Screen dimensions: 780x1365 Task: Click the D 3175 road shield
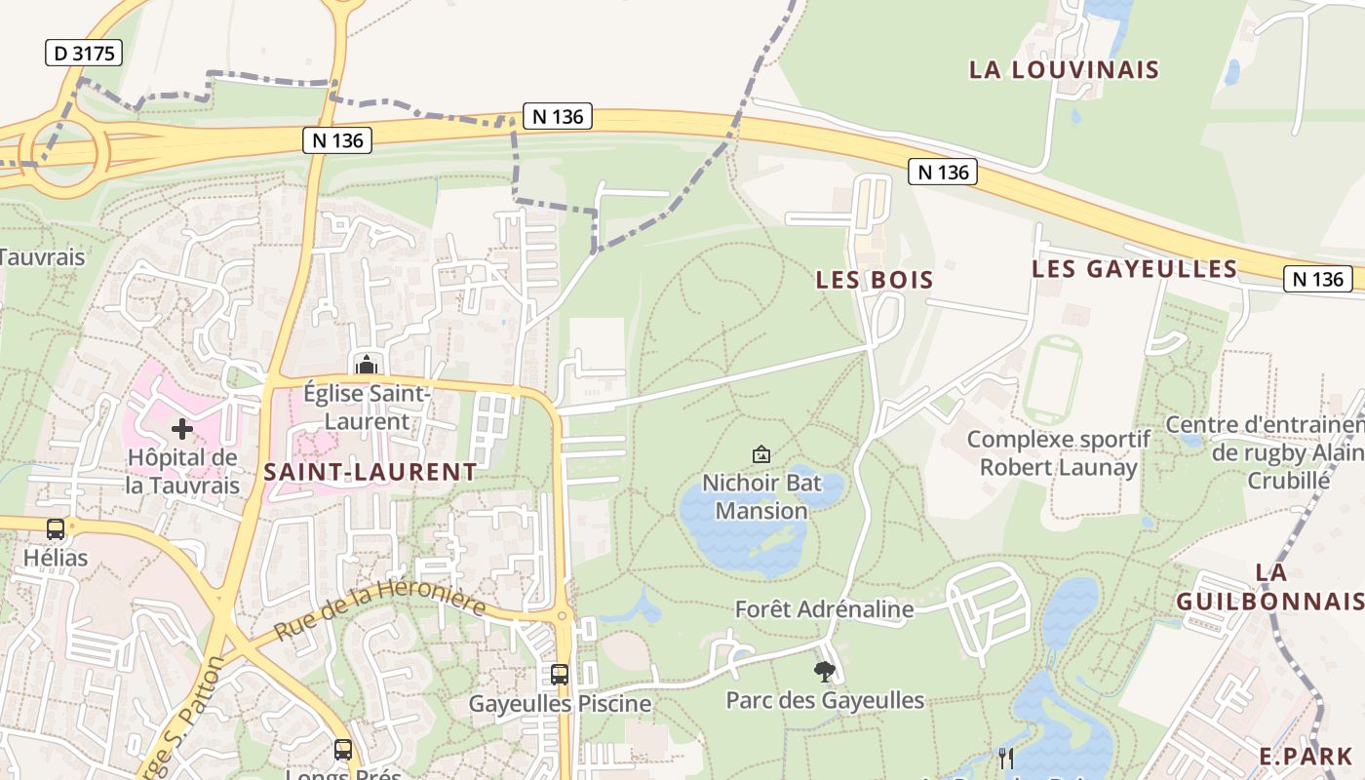pos(83,53)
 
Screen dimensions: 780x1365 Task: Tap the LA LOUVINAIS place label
pos(1064,69)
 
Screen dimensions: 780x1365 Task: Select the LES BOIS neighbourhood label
pos(875,280)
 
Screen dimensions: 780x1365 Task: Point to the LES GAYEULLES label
pos(1135,268)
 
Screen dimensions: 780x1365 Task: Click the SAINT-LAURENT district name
pos(370,472)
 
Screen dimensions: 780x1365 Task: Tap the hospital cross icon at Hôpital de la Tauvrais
pos(182,428)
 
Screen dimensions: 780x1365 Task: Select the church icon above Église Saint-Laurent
pos(367,365)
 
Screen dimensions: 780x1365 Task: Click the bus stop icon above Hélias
pos(56,529)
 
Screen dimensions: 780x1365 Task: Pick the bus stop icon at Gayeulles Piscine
pos(560,674)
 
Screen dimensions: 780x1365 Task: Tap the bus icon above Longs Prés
pos(343,750)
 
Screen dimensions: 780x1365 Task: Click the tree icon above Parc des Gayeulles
pos(824,671)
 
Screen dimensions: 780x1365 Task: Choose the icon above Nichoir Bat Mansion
pos(761,454)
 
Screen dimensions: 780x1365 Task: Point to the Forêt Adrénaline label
pos(824,609)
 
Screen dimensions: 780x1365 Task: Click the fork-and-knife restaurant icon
pos(1006,757)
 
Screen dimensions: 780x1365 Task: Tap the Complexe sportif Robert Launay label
pos(1058,453)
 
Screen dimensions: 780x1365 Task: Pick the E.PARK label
pos(1305,756)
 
